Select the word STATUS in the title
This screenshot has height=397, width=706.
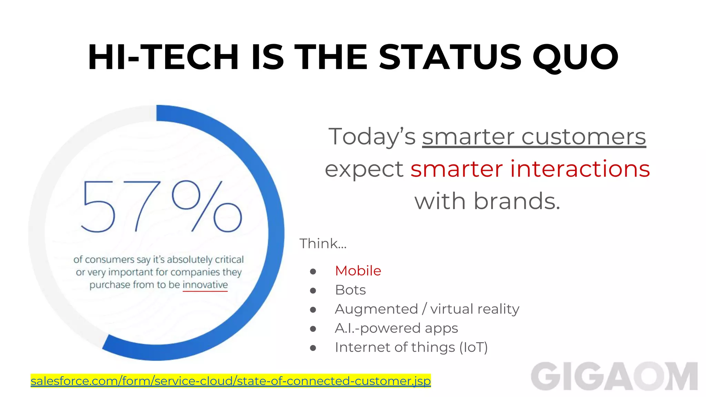point(450,57)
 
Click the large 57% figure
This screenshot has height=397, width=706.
point(161,207)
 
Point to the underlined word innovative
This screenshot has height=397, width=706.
point(205,285)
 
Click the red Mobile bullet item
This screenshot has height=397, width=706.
point(358,271)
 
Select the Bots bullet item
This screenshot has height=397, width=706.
point(350,290)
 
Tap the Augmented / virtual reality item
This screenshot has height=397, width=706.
point(427,309)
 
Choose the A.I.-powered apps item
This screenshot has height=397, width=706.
point(396,328)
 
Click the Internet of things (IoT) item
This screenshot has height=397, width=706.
point(411,347)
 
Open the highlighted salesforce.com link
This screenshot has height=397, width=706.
point(231,381)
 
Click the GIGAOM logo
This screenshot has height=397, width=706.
point(614,376)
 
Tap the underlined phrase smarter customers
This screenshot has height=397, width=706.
point(534,137)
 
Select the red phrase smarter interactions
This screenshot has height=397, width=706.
point(530,169)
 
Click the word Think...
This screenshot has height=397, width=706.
point(319,244)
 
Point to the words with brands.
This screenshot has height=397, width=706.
point(487,201)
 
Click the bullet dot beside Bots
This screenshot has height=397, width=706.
point(313,291)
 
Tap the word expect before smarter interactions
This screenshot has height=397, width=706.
point(364,169)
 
